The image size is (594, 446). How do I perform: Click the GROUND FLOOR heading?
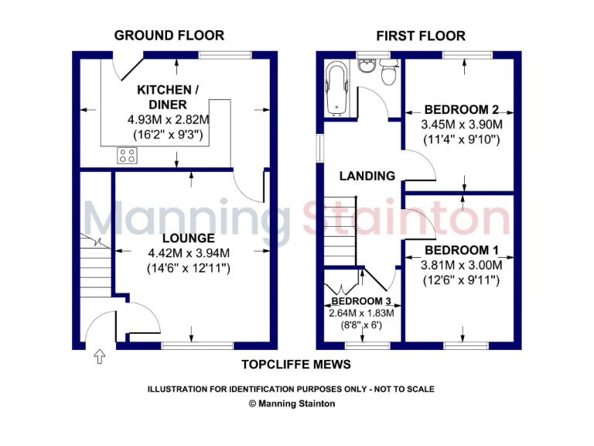click(169, 35)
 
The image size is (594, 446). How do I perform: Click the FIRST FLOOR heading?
click(421, 36)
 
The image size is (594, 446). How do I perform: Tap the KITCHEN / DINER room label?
click(168, 98)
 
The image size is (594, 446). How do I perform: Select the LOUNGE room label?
click(189, 238)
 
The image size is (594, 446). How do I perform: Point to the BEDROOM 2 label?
click(461, 110)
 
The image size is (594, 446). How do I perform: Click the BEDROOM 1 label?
click(462, 251)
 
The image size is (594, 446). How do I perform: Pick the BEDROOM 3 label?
click(361, 300)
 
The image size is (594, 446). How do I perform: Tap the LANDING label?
click(367, 176)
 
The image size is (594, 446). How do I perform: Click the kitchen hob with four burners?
click(127, 155)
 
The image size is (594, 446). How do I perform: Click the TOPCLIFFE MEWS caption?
click(295, 365)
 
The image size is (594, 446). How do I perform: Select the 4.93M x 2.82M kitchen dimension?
click(169, 120)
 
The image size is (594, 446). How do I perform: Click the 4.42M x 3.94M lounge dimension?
click(189, 253)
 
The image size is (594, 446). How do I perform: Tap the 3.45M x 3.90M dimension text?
click(461, 125)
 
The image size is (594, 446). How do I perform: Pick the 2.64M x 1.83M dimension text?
click(361, 313)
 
